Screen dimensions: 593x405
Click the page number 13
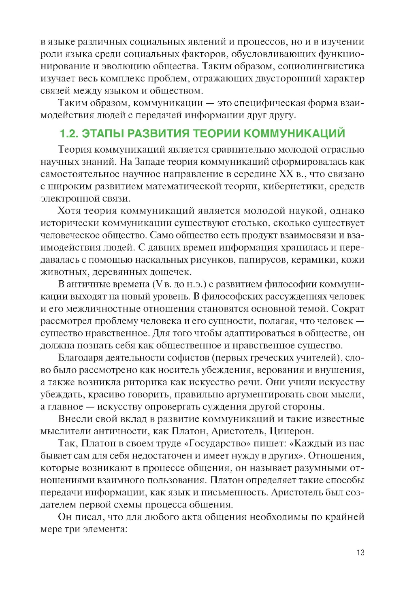click(x=360, y=552)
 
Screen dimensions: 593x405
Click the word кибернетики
click(x=294, y=186)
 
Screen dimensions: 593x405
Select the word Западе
click(x=151, y=162)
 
